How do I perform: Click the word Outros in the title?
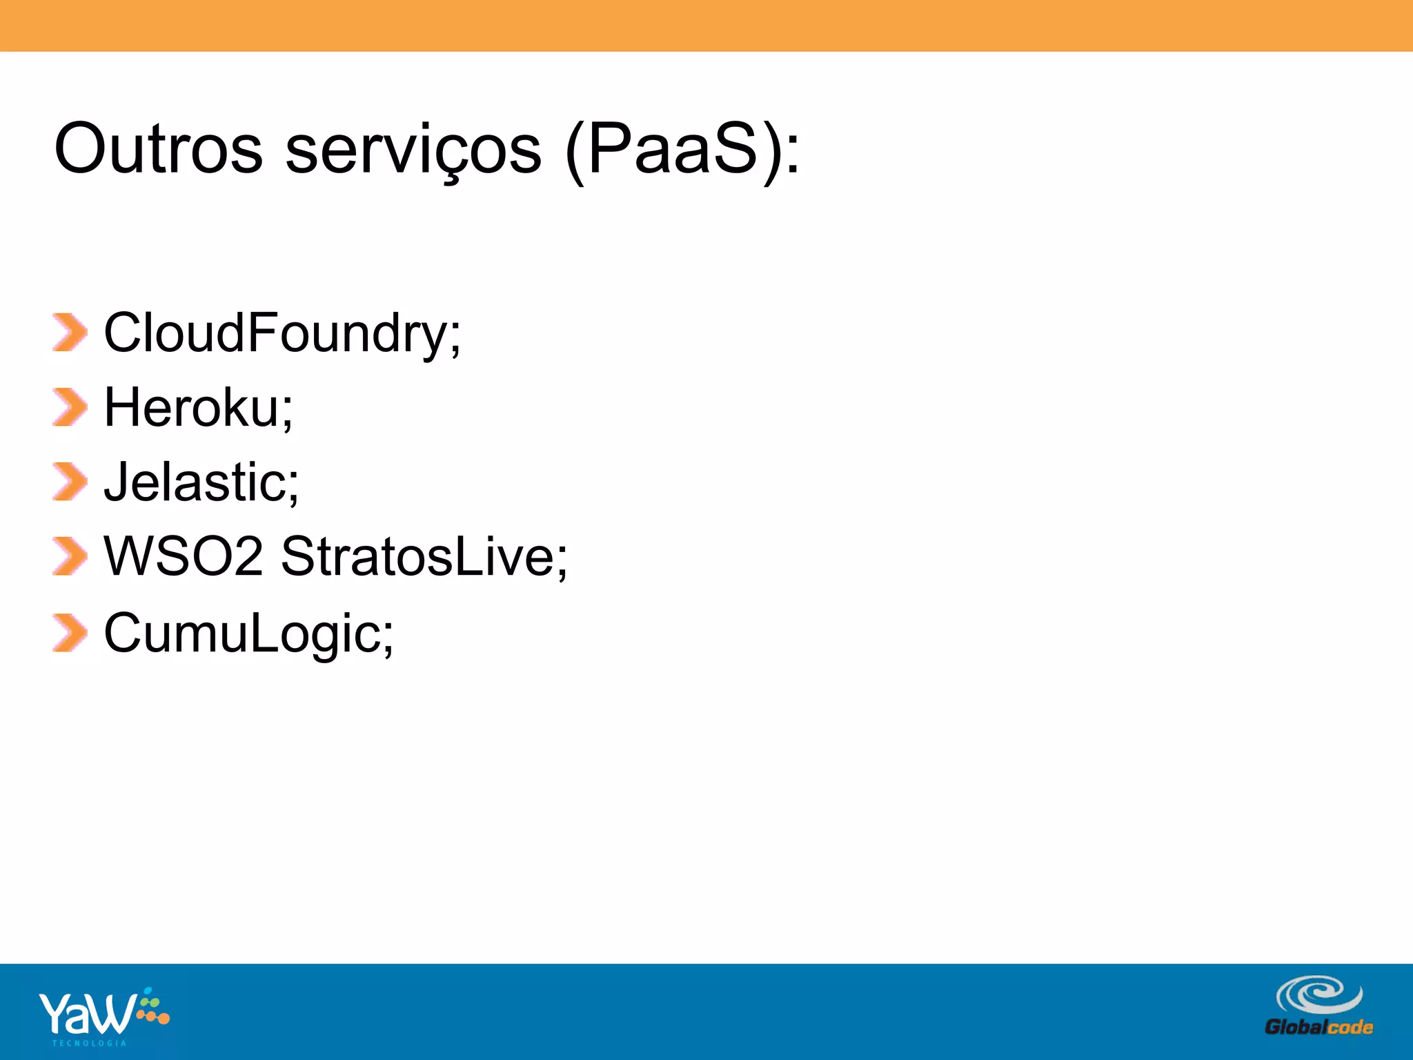(x=158, y=149)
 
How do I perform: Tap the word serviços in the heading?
(x=413, y=150)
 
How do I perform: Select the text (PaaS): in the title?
(x=682, y=150)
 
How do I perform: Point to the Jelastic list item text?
(x=201, y=482)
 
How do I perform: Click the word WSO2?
(x=184, y=556)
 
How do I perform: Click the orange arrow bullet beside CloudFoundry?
(x=70, y=333)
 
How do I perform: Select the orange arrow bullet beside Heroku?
(x=70, y=407)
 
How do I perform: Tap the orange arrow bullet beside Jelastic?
(x=70, y=482)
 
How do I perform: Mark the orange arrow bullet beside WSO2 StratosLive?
(x=70, y=556)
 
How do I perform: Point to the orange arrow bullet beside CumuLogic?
(x=70, y=633)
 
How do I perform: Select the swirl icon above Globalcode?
(x=1318, y=995)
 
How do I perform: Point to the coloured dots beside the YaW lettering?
(x=152, y=1009)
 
